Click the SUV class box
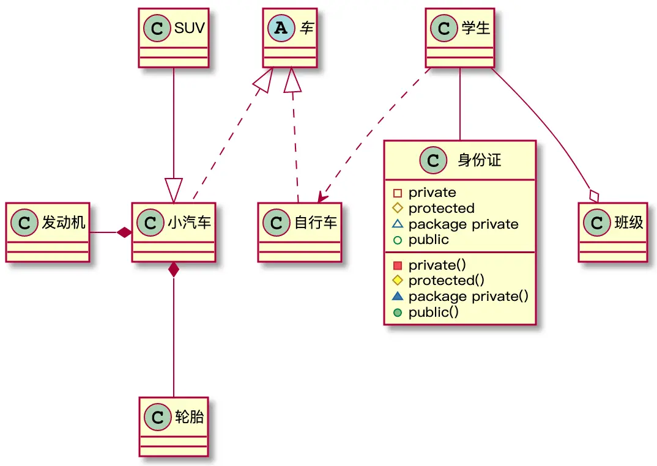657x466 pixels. click(174, 37)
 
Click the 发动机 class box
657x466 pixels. click(48, 232)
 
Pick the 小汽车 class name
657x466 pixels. click(189, 223)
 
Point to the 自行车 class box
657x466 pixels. click(299, 232)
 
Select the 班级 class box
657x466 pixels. click(612, 232)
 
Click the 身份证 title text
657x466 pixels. click(479, 161)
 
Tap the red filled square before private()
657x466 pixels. click(398, 265)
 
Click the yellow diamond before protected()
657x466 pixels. click(398, 281)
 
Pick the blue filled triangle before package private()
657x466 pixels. click(398, 296)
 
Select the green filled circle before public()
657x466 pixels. click(398, 312)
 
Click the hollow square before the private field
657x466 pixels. click(398, 193)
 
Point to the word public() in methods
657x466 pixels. click(433, 312)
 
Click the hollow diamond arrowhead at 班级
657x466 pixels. click(593, 196)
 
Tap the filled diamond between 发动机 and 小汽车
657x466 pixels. click(125, 232)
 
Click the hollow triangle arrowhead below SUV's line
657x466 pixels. click(174, 190)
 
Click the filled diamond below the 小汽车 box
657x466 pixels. click(174, 270)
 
